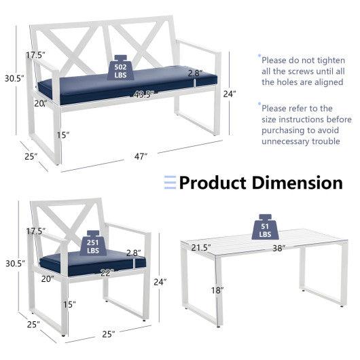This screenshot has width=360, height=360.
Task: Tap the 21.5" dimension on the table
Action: [x=202, y=247]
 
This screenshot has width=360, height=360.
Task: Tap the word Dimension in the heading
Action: [x=298, y=183]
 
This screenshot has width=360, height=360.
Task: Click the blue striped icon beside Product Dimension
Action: [x=170, y=183]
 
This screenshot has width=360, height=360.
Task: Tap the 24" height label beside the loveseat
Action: [x=230, y=94]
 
